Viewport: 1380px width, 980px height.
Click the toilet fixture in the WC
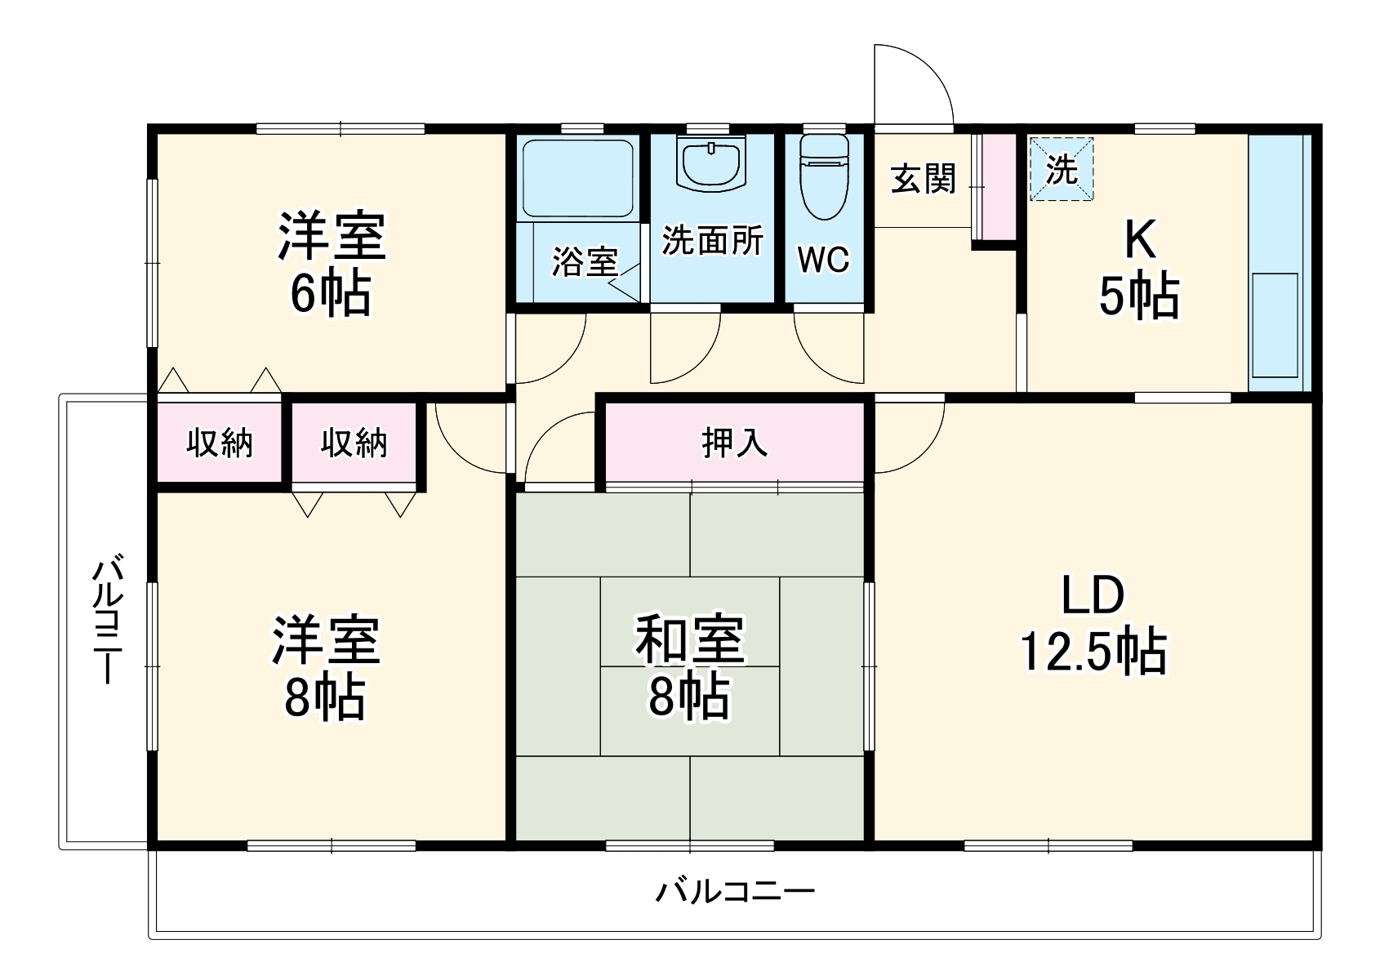(x=824, y=178)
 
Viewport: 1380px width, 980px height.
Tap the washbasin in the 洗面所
(x=711, y=163)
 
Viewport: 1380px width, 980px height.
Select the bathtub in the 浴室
(x=578, y=178)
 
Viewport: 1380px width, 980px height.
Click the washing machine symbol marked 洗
(x=1061, y=170)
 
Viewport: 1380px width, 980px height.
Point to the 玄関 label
(x=923, y=178)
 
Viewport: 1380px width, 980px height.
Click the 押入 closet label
(x=734, y=442)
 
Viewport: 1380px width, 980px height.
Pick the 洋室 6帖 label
(x=331, y=263)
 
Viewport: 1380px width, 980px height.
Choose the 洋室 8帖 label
(x=325, y=667)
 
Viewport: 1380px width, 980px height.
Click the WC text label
(x=823, y=261)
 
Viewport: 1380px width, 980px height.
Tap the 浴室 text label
(x=585, y=261)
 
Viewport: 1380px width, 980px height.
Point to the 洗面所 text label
(x=712, y=240)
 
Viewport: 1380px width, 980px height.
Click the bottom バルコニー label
(x=734, y=890)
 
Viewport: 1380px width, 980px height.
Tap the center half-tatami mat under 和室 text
(x=690, y=710)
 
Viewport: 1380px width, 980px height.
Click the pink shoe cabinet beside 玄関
(x=997, y=186)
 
